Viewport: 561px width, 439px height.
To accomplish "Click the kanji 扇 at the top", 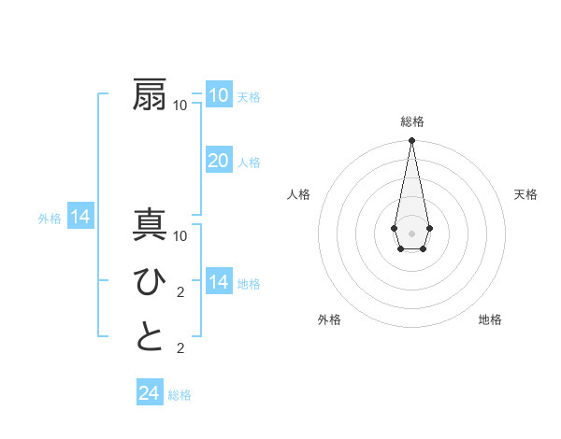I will tap(151, 94).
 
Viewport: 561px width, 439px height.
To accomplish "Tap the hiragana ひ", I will tap(151, 281).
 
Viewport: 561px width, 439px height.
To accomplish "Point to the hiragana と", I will tap(151, 337).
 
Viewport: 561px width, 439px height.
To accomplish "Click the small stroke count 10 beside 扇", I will tap(180, 105).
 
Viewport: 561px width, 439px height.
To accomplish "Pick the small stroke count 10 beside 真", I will tap(180, 235).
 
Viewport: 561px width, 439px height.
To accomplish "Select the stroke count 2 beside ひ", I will tap(180, 291).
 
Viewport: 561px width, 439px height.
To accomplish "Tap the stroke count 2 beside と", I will tap(180, 348).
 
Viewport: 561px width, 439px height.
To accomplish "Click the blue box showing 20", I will tap(219, 161).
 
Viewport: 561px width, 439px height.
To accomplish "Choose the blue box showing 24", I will tap(150, 393).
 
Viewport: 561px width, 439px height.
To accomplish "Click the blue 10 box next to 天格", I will tap(219, 94).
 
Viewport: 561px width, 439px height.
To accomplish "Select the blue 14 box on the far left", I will tap(80, 218).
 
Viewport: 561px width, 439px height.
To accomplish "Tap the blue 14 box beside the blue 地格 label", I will tap(219, 282).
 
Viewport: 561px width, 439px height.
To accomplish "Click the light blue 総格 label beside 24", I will tap(180, 395).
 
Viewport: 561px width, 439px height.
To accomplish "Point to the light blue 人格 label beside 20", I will tap(249, 163).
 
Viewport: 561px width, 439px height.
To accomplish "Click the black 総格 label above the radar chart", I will tap(411, 121).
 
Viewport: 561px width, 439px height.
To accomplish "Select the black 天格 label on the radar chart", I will tap(525, 194).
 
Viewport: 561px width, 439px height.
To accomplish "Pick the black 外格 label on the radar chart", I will tap(329, 319).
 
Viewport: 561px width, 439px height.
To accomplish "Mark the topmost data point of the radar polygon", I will tap(411, 141).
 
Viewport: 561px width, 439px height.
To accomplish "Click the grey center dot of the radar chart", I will tap(411, 232).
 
